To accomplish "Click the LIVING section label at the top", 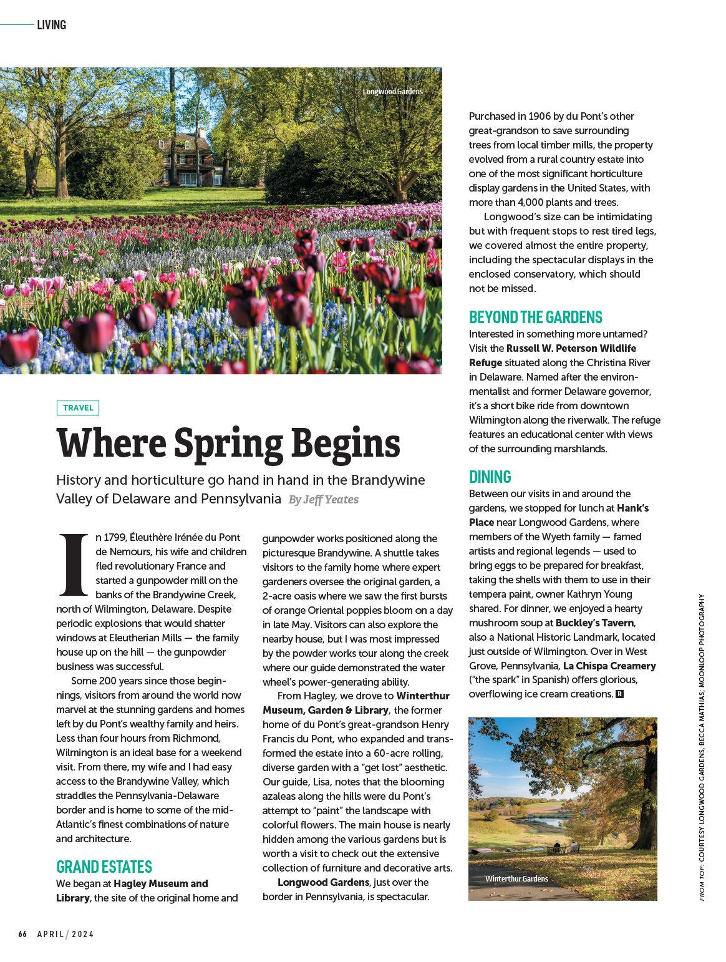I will pyautogui.click(x=51, y=25).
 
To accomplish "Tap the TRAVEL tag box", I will pyautogui.click(x=78, y=408).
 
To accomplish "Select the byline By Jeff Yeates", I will pyautogui.click(x=323, y=500).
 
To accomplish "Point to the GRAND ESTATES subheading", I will pyautogui.click(x=104, y=867).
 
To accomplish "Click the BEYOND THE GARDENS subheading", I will pyautogui.click(x=535, y=317).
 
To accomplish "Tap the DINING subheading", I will pyautogui.click(x=490, y=477).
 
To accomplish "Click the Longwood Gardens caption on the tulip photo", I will pyautogui.click(x=392, y=92).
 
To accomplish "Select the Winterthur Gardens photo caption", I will pyautogui.click(x=516, y=878).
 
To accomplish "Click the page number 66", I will pyautogui.click(x=22, y=934).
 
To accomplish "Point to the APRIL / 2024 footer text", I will pyautogui.click(x=65, y=934).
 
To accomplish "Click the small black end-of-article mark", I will pyautogui.click(x=619, y=694).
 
